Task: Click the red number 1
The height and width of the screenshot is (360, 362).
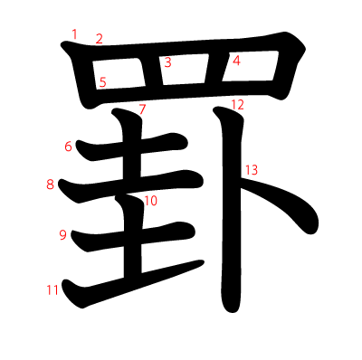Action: coord(74,34)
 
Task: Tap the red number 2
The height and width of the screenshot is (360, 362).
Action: coord(99,39)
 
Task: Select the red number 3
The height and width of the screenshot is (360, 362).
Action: coord(167,62)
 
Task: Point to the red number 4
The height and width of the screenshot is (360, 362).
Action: coord(236,62)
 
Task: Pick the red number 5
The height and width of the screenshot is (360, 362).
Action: coord(102,82)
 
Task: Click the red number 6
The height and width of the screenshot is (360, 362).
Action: coord(69,146)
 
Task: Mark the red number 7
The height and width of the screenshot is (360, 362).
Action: coord(142,109)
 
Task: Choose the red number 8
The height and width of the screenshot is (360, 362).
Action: coord(51,185)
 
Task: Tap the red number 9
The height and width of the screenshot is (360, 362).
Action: coord(62,235)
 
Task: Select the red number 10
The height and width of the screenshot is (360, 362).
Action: coord(150,201)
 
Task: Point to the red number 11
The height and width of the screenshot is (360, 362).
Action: coord(52,290)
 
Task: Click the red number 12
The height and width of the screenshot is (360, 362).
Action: coord(237,105)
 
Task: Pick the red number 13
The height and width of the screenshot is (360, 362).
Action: coord(251,170)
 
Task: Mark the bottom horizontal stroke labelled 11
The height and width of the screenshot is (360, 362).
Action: coord(136,280)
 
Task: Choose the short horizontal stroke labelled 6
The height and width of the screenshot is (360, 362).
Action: coord(136,148)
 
